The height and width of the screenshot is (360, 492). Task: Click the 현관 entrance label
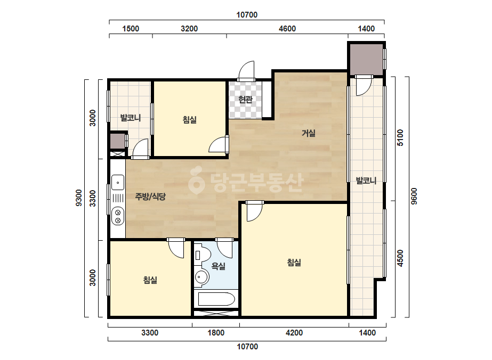coord(245,100)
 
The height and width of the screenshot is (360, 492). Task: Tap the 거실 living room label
coord(309,133)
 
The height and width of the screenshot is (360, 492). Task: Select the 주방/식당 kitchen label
coord(150,197)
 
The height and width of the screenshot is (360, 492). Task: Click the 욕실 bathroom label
coord(219,266)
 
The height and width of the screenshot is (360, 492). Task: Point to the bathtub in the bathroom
coord(216,299)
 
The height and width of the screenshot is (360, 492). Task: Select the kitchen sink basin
coord(118,183)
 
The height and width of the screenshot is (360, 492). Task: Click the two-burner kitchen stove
coord(118,216)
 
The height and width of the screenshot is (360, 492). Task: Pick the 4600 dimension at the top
coord(287,29)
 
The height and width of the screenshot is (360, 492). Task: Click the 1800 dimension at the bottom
coord(216,333)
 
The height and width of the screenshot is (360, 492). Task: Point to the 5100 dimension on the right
coord(400,138)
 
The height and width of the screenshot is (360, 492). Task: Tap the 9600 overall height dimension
coord(414,197)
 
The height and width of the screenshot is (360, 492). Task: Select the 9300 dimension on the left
coord(79,198)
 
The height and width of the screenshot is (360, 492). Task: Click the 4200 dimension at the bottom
coord(294,333)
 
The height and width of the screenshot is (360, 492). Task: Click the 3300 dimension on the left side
coord(93,198)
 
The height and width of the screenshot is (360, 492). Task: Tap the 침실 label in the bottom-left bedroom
coord(150,280)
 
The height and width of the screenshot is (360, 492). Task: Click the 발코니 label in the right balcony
coord(366,181)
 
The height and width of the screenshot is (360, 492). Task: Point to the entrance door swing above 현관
coord(246,71)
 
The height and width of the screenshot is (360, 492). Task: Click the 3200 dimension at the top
coord(189,29)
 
